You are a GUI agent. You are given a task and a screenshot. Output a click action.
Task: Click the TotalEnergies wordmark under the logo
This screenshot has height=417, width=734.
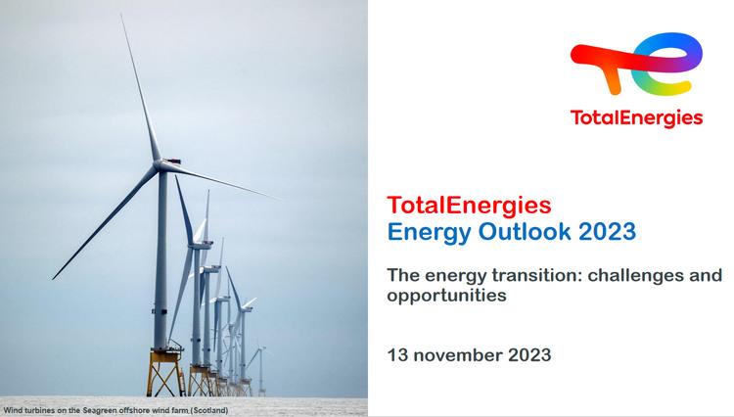[636, 117]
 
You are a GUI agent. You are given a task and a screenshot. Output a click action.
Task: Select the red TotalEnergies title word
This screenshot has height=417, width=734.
[470, 206]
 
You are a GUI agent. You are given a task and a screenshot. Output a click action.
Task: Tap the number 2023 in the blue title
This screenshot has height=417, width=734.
[608, 232]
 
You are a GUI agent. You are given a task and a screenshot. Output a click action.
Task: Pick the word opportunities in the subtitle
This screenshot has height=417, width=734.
[447, 295]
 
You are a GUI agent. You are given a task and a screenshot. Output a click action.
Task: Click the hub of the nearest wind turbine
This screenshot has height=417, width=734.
[160, 167]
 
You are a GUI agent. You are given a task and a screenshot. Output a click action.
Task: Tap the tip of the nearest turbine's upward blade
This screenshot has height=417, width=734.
[123, 16]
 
